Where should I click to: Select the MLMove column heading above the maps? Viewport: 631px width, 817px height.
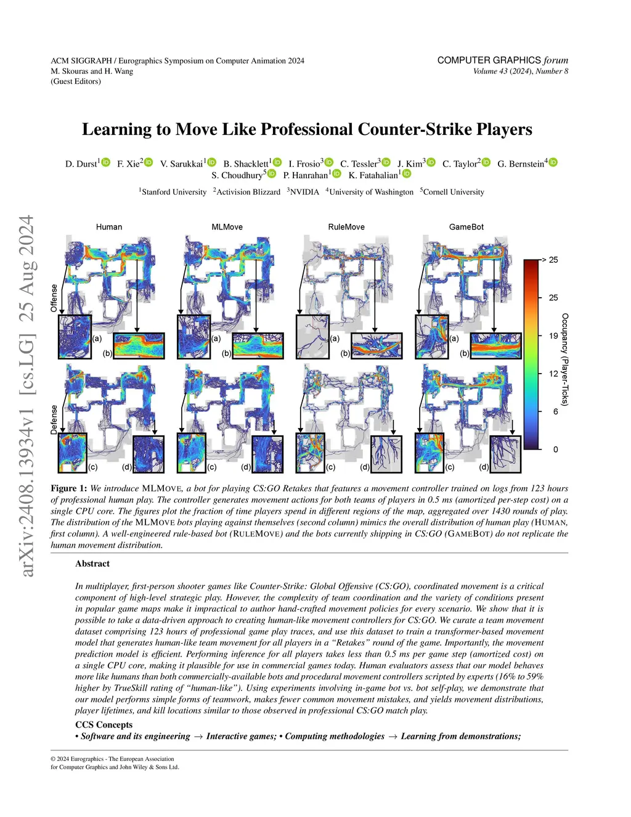[227, 227]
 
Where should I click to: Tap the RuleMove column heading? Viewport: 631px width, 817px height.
[346, 227]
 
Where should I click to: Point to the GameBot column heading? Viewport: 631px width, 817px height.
[466, 227]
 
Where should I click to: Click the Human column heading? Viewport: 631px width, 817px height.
[109, 227]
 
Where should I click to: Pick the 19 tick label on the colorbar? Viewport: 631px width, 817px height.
[553, 336]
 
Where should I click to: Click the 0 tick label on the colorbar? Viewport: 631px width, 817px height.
[555, 450]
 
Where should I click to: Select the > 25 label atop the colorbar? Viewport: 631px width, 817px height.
[550, 260]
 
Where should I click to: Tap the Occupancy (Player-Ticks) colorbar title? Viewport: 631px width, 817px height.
[565, 359]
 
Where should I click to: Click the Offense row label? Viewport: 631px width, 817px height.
[54, 298]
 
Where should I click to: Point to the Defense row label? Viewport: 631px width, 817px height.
[54, 419]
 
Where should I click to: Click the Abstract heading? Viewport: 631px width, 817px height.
[92, 564]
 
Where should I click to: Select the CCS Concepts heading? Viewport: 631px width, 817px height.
[104, 725]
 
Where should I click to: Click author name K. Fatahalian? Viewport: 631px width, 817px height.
[374, 175]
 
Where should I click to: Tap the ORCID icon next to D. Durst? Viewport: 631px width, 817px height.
[106, 162]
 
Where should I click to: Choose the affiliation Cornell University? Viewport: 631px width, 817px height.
[454, 192]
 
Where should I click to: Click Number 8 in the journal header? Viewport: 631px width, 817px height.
[552, 71]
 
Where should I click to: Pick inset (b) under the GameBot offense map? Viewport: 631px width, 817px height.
[497, 345]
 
